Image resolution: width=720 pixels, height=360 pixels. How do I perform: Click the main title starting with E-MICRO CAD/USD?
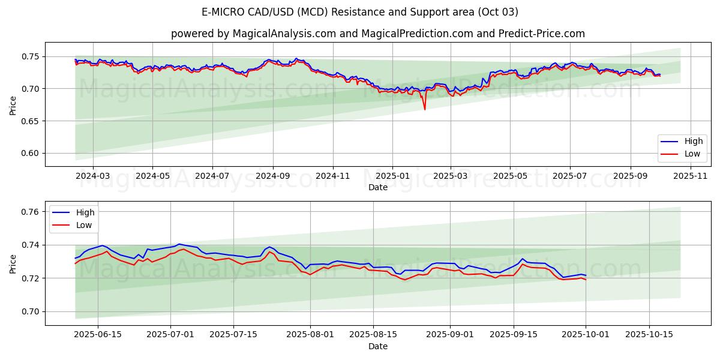360,12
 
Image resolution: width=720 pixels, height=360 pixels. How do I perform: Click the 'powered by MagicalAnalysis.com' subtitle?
378,34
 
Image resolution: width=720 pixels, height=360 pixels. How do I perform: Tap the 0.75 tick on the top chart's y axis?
31,56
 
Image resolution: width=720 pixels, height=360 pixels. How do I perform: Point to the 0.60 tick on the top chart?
31,153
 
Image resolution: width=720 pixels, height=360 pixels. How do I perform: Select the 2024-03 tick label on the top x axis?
93,176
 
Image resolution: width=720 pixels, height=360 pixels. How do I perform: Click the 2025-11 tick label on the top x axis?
690,176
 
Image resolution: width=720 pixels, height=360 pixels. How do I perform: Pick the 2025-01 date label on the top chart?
392,176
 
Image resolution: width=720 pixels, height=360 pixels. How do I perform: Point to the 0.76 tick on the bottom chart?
31,212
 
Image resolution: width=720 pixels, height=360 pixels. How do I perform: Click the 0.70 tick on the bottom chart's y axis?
31,311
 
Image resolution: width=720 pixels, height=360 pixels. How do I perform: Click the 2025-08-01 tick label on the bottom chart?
310,334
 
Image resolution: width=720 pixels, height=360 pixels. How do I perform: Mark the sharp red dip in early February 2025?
425,109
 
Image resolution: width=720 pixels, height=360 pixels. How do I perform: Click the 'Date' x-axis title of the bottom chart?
378,346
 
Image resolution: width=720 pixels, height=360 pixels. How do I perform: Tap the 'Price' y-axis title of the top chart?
13,104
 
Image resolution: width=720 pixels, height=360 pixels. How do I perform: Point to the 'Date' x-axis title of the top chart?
378,187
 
